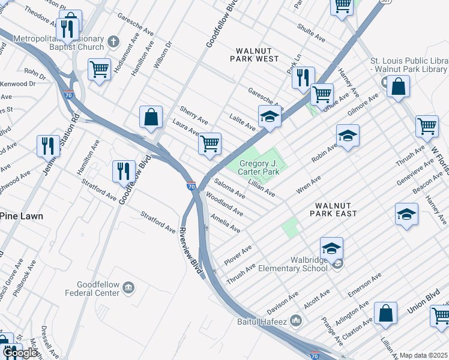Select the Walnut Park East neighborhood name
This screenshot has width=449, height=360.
334,213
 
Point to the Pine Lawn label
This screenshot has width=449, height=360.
21,216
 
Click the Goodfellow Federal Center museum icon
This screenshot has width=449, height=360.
128,289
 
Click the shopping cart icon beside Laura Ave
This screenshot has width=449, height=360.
209,143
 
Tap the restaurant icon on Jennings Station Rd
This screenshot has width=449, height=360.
48,146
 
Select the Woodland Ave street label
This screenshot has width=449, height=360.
224,204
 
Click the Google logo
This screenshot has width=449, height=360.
21,353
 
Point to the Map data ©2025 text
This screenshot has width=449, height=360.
423,356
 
